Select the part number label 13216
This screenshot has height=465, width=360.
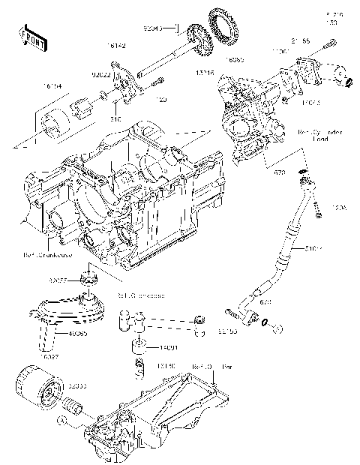coord(205,74)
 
